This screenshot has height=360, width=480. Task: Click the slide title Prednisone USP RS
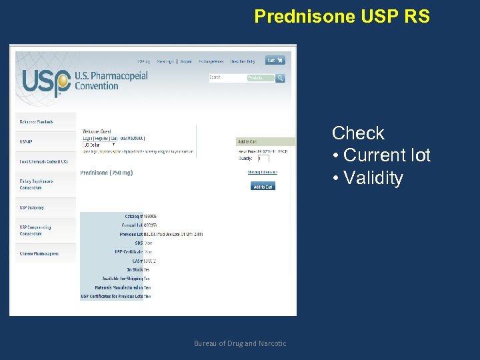pyautogui.click(x=342, y=16)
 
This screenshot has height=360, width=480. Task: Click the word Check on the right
pyautogui.click(x=358, y=133)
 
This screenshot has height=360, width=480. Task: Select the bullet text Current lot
pyautogui.click(x=387, y=156)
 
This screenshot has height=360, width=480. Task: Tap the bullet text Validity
pyautogui.click(x=373, y=179)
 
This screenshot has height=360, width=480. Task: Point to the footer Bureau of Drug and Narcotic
pyautogui.click(x=240, y=343)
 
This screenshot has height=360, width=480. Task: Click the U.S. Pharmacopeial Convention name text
pyautogui.click(x=111, y=81)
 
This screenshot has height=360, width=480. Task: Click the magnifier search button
pyautogui.click(x=280, y=78)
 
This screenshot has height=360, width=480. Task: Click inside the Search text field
pyautogui.click(x=227, y=78)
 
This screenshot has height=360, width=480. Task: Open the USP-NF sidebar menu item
pyautogui.click(x=27, y=141)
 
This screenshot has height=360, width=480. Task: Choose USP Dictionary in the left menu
pyautogui.click(x=31, y=208)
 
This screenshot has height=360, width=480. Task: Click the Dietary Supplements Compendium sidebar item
pyautogui.click(x=36, y=184)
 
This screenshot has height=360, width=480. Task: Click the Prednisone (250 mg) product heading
pyautogui.click(x=107, y=173)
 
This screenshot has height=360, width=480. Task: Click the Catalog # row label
pyautogui.click(x=133, y=217)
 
